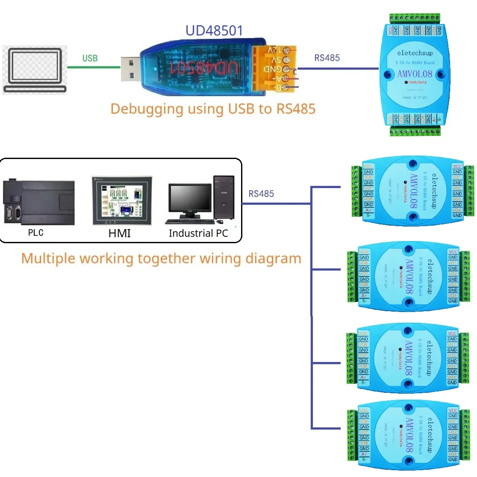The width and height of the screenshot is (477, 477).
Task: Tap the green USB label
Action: [90, 58]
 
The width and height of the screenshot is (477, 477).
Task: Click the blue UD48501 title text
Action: [214, 31]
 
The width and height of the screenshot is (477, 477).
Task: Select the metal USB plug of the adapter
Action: [130, 68]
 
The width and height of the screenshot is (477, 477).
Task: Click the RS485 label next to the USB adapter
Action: [327, 58]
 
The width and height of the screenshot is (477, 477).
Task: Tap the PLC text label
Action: [36, 233]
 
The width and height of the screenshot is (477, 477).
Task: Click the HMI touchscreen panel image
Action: [122, 201]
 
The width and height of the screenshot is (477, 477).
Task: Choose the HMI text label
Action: [120, 233]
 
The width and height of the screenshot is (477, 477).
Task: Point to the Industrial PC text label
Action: [198, 233]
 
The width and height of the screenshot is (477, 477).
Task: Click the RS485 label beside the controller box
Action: [261, 194]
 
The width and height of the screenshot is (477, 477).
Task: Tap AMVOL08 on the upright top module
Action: [415, 74]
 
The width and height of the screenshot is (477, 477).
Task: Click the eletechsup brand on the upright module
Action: [415, 53]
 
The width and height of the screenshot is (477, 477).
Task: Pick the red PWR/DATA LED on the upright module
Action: [406, 82]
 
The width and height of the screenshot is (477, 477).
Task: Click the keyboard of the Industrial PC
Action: [190, 221]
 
